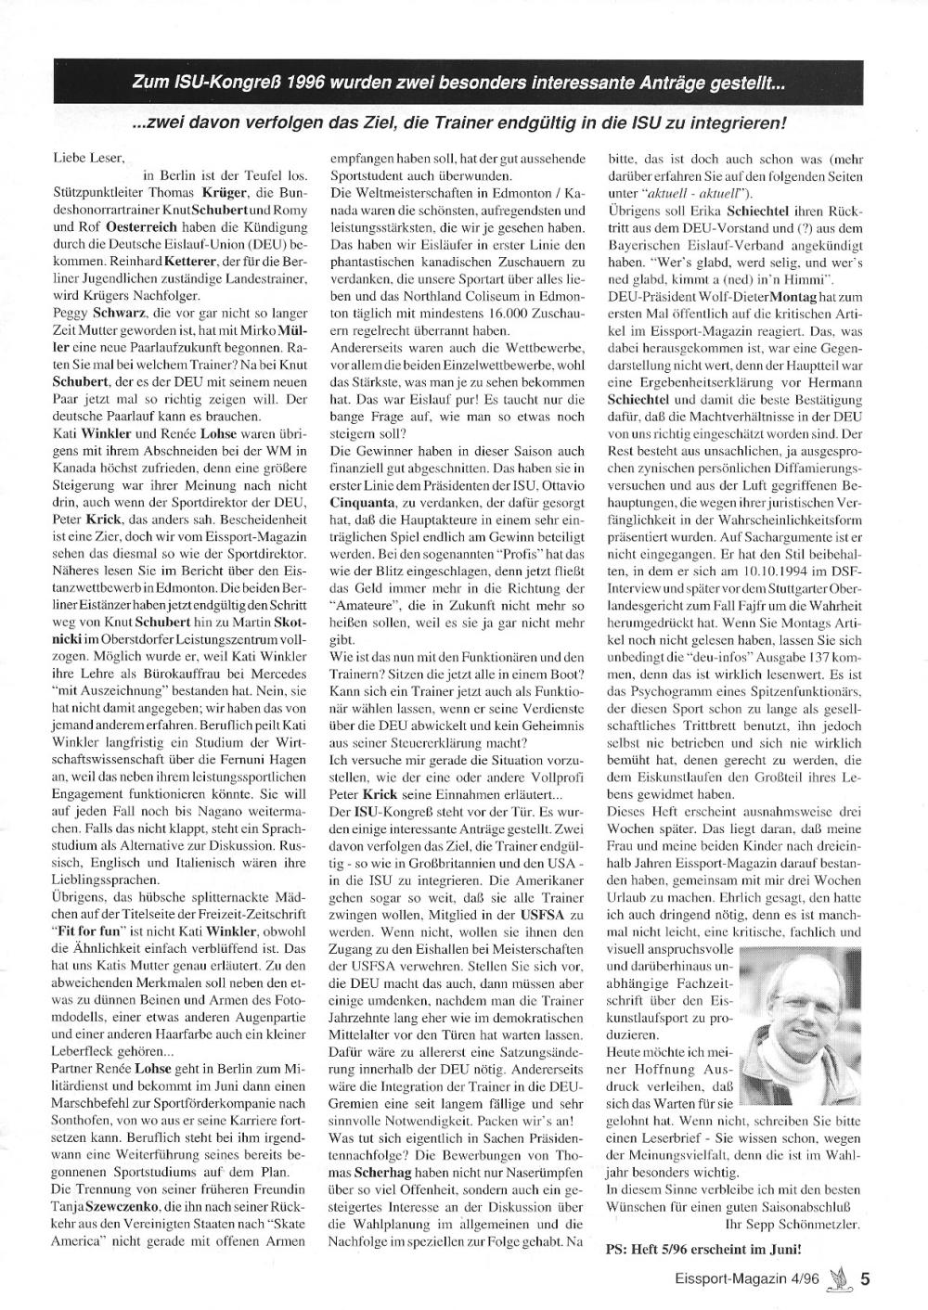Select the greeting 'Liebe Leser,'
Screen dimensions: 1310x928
pyautogui.click(x=89, y=160)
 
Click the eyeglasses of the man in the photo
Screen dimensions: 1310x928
pyautogui.click(x=797, y=987)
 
